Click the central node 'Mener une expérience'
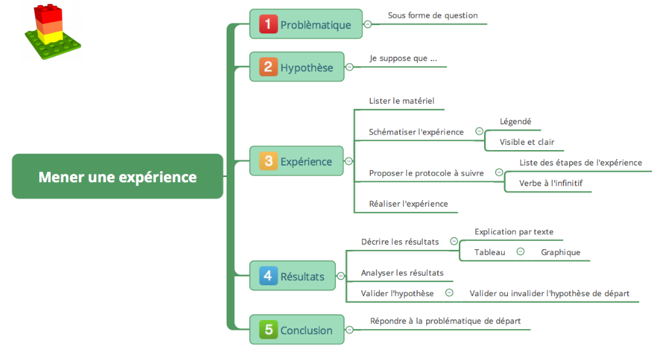(117, 176)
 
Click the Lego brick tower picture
(51, 32)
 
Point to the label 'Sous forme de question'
(433, 15)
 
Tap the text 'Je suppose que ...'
(403, 59)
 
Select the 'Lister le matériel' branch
(402, 100)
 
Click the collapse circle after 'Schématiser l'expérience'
(479, 131)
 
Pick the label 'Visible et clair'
(527, 142)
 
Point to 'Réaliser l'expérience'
(408, 204)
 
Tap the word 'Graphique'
(560, 252)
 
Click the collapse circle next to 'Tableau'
(521, 252)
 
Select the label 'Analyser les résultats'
(402, 273)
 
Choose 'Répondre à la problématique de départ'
(445, 321)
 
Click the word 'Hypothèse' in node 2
(306, 68)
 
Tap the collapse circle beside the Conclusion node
(350, 330)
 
